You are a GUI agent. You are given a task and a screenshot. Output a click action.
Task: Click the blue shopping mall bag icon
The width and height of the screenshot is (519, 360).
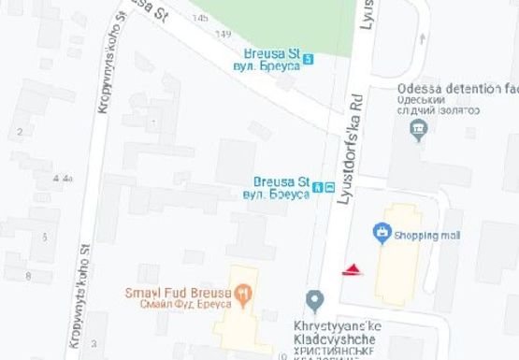coord(381,231)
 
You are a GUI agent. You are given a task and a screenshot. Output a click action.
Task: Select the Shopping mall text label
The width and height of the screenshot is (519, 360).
coord(421,236)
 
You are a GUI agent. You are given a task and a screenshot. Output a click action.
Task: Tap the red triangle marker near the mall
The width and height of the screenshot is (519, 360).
coord(352,271)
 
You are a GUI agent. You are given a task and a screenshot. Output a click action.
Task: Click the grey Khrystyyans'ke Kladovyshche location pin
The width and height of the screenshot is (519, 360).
coord(315,299)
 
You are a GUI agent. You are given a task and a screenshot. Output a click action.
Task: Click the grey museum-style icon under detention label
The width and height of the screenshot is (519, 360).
coord(418,128)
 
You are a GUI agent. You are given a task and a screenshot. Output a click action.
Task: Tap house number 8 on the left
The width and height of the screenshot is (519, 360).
coord(27,275)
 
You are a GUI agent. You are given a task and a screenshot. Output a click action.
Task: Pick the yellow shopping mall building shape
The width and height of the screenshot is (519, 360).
coord(397,257)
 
